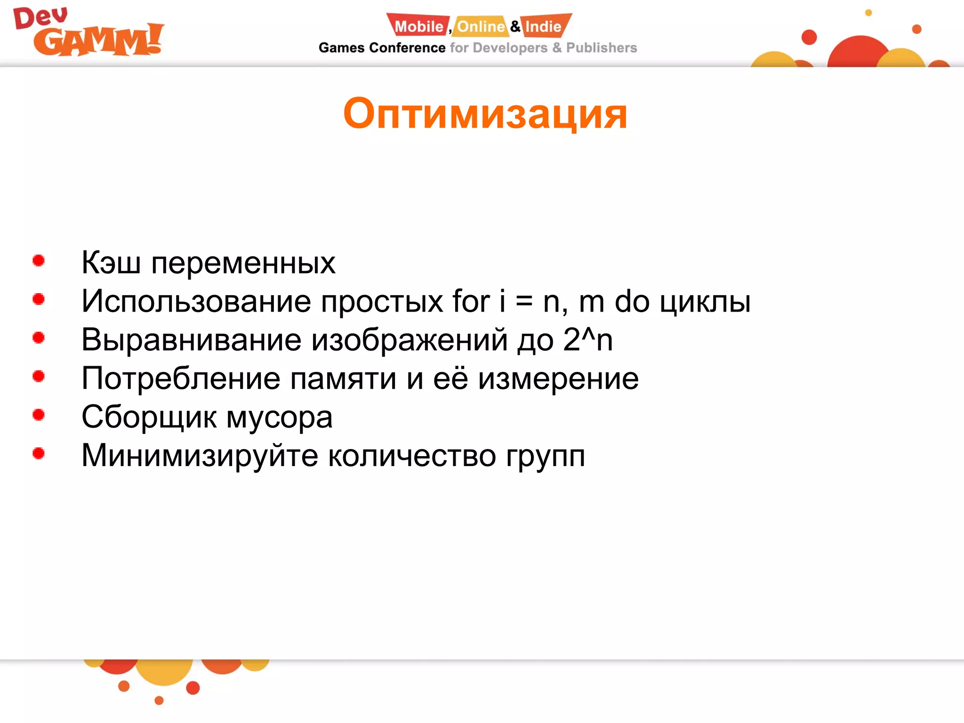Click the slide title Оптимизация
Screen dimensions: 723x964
tap(485, 114)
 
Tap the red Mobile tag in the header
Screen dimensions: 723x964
tap(418, 26)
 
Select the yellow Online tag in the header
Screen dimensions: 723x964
tap(481, 26)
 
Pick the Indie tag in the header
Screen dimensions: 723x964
tap(544, 26)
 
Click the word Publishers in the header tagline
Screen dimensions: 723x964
tap(601, 48)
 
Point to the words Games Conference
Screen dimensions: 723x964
tap(382, 48)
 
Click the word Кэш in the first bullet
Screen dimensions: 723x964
tap(111, 262)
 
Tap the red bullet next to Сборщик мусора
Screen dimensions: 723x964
tap(39, 415)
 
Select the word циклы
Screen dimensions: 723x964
tap(705, 302)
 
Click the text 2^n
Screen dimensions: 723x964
tap(588, 339)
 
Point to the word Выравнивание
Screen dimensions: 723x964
tap(191, 340)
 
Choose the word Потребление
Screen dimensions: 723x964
tap(181, 379)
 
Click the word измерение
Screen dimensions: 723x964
tap(558, 379)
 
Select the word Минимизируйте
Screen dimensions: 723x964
tap(200, 456)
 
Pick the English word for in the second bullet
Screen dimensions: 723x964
tap(471, 301)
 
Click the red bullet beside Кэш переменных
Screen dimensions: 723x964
tap(39, 260)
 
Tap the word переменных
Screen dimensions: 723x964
tap(243, 263)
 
